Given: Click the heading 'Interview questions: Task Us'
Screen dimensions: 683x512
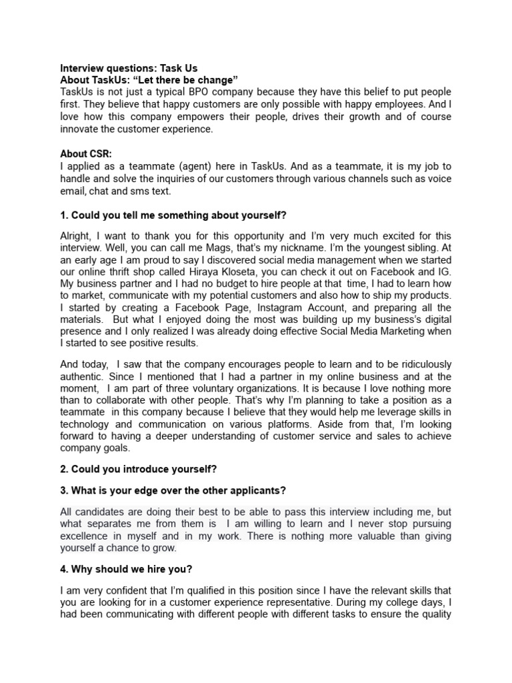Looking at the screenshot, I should (129, 68).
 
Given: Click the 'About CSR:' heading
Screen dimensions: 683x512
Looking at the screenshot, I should (86, 153).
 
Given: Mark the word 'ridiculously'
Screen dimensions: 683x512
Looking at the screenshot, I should (418, 364).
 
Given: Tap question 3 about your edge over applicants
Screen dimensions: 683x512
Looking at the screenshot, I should (173, 491).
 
